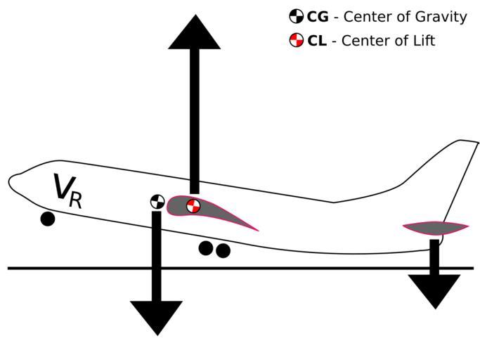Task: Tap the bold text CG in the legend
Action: (x=317, y=17)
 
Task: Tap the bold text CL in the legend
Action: (x=316, y=41)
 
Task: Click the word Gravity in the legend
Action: (x=443, y=18)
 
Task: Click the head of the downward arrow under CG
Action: (x=156, y=316)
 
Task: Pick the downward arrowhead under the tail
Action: (x=434, y=289)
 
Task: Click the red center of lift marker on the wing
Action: (x=193, y=206)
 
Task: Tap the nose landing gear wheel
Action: (x=47, y=219)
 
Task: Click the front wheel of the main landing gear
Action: (x=206, y=247)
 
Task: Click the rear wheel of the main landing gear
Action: (x=223, y=250)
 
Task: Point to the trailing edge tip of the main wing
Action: (x=257, y=230)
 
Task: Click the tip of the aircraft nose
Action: (x=9, y=182)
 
